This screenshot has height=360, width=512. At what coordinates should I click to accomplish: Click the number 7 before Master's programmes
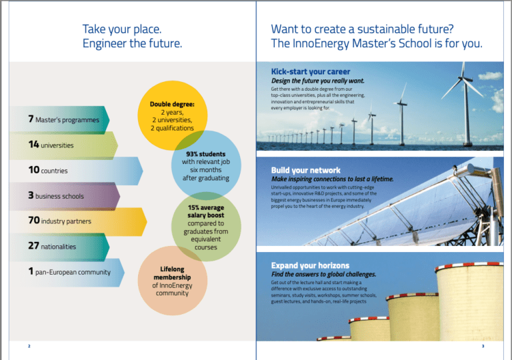pos(31,119)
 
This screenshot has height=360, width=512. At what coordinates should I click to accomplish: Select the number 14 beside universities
pos(33,145)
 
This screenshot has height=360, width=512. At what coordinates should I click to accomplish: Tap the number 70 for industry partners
pos(34,220)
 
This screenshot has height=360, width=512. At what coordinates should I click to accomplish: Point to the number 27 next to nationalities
pos(33,245)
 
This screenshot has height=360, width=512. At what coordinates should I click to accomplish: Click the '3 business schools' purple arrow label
pos(56,195)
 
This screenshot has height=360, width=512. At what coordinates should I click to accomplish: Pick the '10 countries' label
pos(48,170)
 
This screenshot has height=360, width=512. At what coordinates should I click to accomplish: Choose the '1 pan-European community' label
pos(69,271)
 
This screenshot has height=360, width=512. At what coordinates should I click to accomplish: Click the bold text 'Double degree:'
pos(172,104)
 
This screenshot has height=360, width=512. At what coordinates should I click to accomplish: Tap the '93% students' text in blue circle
pos(206,154)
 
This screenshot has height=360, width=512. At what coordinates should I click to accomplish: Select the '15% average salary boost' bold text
pos(206,211)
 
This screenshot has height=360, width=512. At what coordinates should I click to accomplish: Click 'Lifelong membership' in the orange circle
pos(172,273)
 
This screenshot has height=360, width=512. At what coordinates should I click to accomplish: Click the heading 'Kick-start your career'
pos(311,71)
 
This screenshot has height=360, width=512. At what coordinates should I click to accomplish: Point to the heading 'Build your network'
pos(305,170)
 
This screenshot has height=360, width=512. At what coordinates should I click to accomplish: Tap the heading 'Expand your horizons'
pos(310,265)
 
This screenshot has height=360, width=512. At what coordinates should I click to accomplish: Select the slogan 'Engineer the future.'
pos(132,43)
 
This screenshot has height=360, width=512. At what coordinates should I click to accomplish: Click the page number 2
pos(29,346)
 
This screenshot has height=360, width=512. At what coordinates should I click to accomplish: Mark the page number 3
pos(483,346)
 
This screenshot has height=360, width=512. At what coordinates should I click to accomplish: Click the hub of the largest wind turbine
pos(462,78)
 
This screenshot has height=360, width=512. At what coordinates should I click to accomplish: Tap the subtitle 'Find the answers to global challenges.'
pos(323,275)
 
